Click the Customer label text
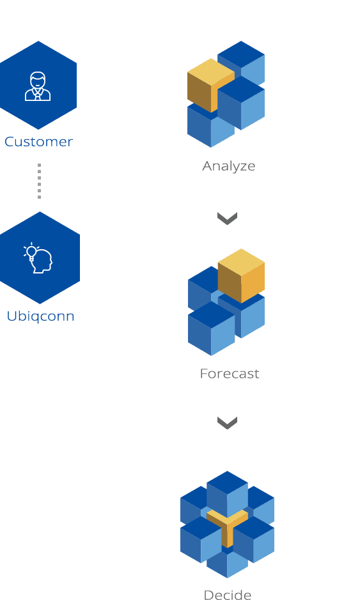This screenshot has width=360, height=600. coord(38,142)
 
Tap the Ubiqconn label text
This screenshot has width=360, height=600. coord(40,316)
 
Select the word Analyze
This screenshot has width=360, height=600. coord(229,167)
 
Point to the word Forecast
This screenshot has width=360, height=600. coord(230,374)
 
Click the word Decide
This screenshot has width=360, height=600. coord(228,595)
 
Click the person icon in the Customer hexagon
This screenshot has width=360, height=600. coord(38,86)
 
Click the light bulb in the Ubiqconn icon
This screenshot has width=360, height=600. coord(31,252)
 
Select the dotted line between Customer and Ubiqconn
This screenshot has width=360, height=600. coord(39,181)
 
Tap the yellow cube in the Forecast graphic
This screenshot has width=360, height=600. coord(241,275)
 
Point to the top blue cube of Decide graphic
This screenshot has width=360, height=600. coord(227,494)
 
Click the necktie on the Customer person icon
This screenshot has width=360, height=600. coord(38,95)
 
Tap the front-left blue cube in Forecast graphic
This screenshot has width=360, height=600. coord(211,328)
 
